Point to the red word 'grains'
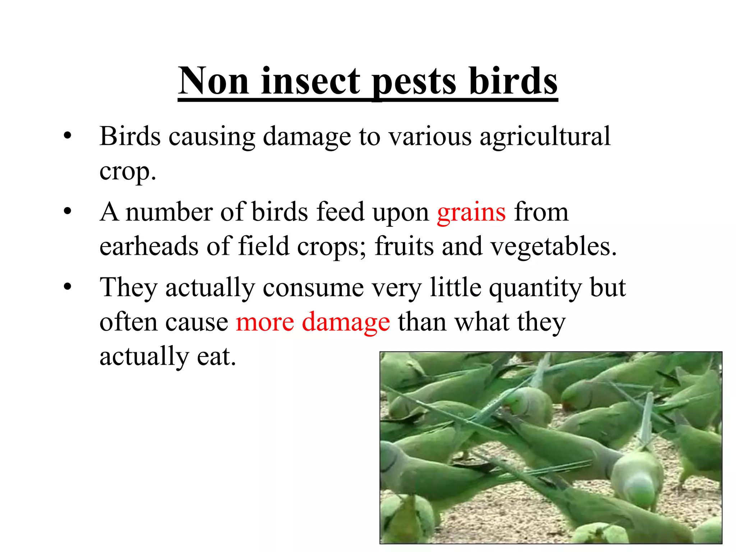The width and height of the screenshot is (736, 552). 471,213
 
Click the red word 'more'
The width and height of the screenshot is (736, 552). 265,322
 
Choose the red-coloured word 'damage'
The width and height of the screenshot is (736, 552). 346,322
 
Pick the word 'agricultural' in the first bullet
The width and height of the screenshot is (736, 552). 545,137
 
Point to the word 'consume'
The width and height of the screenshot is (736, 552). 313,288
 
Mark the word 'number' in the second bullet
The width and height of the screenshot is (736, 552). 169,212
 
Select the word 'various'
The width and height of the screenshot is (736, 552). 430,137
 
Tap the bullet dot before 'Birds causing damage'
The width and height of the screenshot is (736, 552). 68,137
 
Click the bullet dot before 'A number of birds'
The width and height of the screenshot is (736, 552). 68,212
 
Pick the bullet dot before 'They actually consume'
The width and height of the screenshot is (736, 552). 68,287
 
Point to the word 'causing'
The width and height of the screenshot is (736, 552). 212,137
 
